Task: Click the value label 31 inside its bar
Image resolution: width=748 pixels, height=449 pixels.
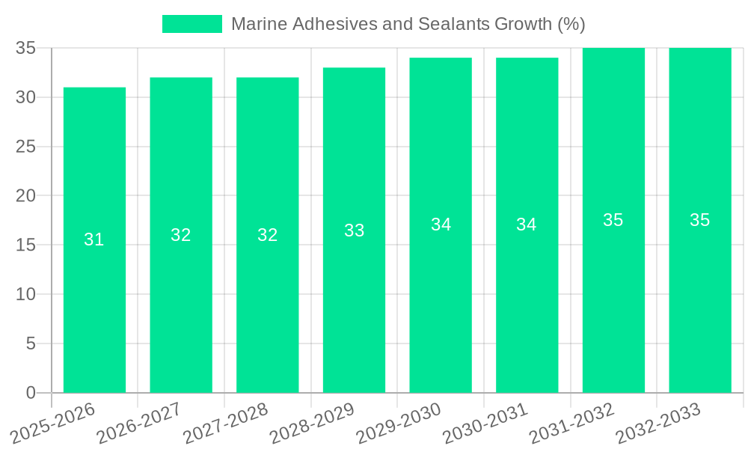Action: (x=94, y=239)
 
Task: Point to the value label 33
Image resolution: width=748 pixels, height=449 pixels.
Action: (x=354, y=230)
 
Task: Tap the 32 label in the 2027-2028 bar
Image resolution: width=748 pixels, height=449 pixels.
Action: (x=267, y=235)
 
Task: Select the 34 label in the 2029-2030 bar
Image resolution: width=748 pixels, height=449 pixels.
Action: (x=441, y=224)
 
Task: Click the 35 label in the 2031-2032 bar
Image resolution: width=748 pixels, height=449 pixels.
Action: (x=613, y=220)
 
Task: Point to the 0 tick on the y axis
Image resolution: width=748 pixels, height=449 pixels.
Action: (x=31, y=393)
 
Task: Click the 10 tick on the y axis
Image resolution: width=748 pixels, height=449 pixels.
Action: (x=25, y=294)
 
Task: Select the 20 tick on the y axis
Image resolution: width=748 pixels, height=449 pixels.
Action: (x=25, y=195)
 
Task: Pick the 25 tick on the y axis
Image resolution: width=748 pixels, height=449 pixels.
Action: (x=25, y=147)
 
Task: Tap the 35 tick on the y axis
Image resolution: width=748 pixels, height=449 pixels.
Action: (x=25, y=48)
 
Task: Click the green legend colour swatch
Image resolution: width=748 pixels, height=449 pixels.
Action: (x=192, y=24)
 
